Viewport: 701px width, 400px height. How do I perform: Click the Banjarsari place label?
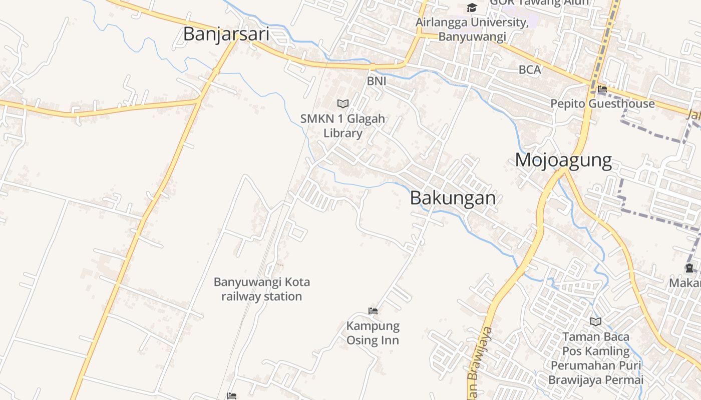tap(226, 34)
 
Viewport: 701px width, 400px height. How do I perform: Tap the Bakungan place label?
tap(453, 198)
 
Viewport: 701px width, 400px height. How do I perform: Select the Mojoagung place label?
tap(563, 160)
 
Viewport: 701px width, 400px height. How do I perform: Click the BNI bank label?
tap(377, 80)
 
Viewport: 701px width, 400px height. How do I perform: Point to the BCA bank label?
tap(530, 70)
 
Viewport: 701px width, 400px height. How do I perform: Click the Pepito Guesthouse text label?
tap(602, 103)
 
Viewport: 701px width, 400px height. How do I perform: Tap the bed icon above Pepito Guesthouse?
tap(602, 89)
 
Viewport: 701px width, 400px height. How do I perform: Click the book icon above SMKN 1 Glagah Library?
tap(342, 103)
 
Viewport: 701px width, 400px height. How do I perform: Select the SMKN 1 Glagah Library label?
tap(342, 126)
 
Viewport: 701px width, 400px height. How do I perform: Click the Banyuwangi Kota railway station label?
tap(262, 289)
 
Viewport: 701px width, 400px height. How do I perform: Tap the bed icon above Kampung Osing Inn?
tap(373, 310)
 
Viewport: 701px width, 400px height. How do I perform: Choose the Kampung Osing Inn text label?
tap(373, 333)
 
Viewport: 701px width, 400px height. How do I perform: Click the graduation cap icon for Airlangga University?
tap(472, 7)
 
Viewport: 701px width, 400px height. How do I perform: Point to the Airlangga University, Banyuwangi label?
tap(472, 29)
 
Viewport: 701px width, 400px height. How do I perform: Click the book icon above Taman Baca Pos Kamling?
tap(595, 321)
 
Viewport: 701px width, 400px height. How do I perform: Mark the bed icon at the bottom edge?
tap(231, 396)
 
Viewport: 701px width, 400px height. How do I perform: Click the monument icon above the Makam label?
tap(689, 268)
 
